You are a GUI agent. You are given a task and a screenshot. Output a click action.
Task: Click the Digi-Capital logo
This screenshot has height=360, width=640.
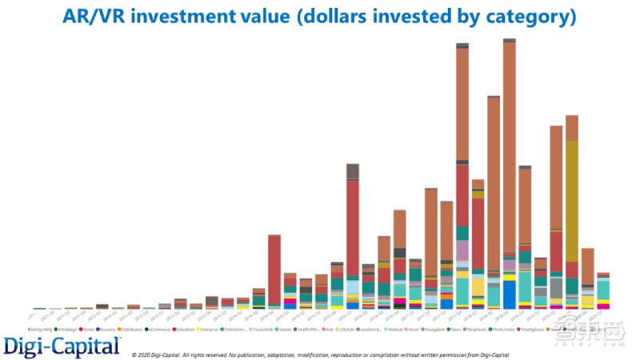pos(62,346)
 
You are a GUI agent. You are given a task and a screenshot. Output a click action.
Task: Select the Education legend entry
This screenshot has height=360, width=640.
pos(185,329)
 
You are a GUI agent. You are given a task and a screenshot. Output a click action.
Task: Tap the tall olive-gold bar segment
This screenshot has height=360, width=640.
pos(571,200)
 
